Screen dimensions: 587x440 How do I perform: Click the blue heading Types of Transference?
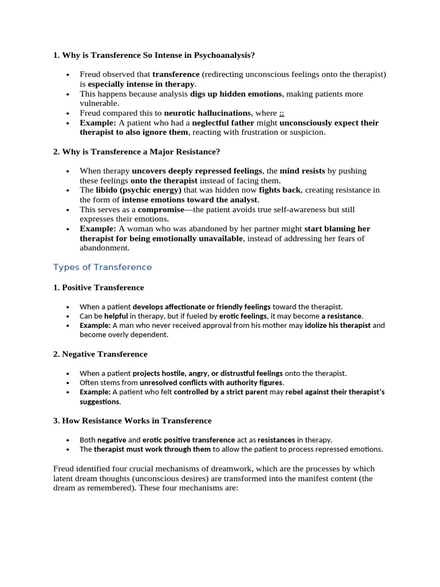pyautogui.click(x=103, y=267)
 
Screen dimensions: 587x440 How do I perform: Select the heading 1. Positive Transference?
pyautogui.click(x=99, y=287)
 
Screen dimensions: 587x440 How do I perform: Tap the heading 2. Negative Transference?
pyautogui.click(x=100, y=354)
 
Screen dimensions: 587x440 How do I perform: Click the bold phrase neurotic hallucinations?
pyautogui.click(x=207, y=113)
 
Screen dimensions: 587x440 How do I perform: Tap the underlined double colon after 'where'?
pyautogui.click(x=282, y=113)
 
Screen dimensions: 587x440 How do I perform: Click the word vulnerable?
pyautogui.click(x=99, y=103)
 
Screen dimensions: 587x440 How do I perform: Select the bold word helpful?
pyautogui.click(x=116, y=316)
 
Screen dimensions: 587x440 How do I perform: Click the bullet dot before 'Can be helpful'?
pyautogui.click(x=68, y=316)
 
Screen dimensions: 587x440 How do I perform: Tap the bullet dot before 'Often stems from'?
pyautogui.click(x=68, y=383)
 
